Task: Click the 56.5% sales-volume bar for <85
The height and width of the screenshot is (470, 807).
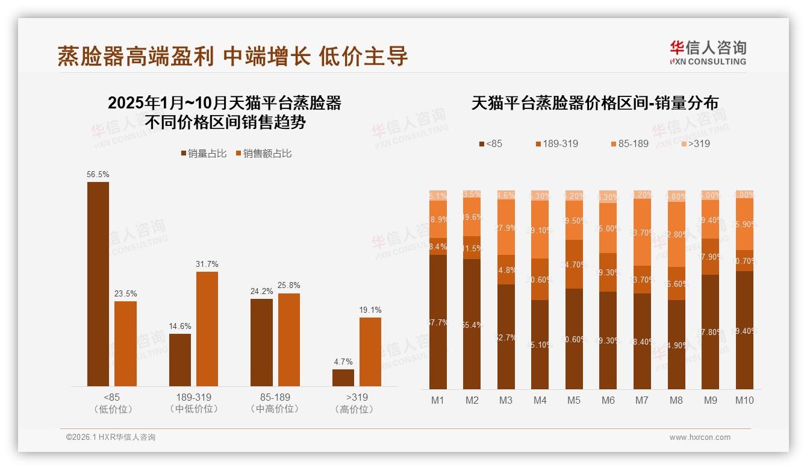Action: pos(98,284)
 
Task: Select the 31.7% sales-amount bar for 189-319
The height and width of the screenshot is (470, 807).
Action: pos(207,329)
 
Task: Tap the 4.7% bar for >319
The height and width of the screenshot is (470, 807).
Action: pos(343,378)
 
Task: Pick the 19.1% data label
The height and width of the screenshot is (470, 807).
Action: pos(370,310)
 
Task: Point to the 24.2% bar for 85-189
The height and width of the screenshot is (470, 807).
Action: pos(261,342)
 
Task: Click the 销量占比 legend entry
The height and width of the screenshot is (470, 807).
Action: pos(204,154)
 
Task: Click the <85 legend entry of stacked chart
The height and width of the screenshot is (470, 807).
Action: pos(490,144)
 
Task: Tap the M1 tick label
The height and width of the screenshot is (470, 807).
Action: pos(438,400)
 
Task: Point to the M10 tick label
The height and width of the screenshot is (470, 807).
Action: pos(744,400)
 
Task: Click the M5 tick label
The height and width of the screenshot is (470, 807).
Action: pos(574,400)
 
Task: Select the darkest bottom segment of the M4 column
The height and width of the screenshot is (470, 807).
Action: pos(540,345)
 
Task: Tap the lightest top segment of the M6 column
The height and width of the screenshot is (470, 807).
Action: pos(608,196)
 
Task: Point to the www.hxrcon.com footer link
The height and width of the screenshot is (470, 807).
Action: pos(700,437)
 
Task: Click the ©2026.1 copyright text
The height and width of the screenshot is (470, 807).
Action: pos(111,437)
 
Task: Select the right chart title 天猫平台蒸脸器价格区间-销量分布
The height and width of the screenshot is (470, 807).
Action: pos(594,103)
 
